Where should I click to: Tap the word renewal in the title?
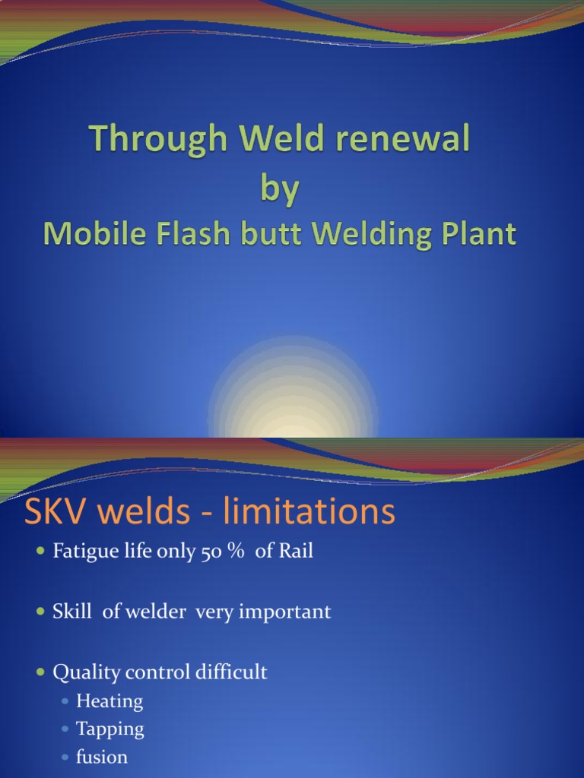[406, 141]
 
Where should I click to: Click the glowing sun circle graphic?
[293, 395]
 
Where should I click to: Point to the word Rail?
[295, 552]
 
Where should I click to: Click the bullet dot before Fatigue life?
[41, 552]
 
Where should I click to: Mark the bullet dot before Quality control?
[41, 672]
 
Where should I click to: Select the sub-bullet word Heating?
[109, 701]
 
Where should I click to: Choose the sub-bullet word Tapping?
[110, 729]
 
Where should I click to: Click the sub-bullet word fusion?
[102, 757]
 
